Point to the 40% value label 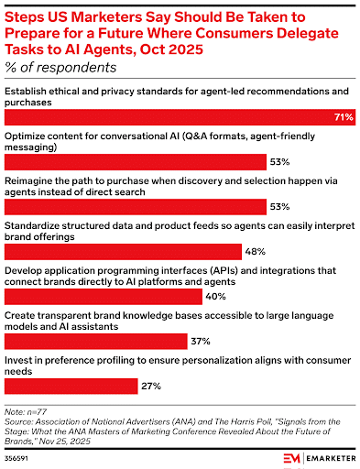click(x=216, y=296)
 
